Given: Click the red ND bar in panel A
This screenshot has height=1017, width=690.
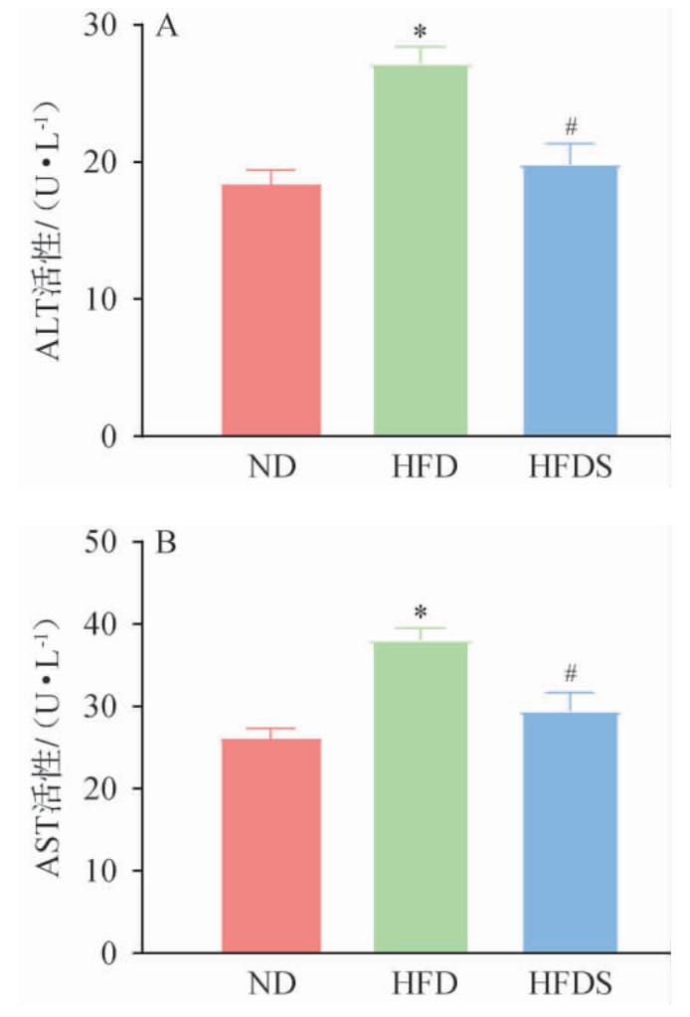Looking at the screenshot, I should (271, 310).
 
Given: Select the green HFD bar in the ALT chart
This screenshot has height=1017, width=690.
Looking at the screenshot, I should (423, 251).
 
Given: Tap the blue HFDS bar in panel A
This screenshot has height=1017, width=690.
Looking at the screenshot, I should (570, 300).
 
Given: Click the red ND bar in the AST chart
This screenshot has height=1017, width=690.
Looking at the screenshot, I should (271, 845).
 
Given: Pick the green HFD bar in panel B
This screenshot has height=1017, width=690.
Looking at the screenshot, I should (423, 796).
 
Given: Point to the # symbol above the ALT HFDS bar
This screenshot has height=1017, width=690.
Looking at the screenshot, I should (570, 126).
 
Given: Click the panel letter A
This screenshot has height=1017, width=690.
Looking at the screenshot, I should (168, 27).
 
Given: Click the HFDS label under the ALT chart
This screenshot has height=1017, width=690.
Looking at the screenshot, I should (569, 466).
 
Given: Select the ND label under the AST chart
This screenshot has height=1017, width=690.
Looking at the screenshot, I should (271, 984).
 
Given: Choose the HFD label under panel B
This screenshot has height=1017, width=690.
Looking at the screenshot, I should (422, 984).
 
